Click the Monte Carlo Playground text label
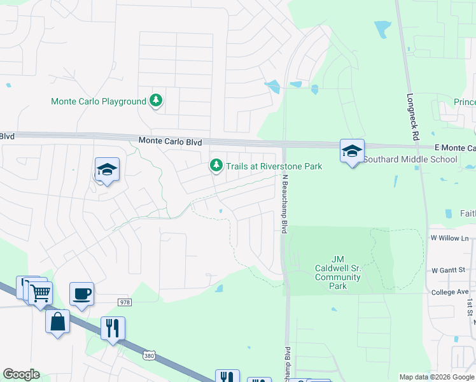coord(99,101)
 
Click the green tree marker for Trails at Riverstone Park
coord(216,166)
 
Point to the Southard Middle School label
coord(410,159)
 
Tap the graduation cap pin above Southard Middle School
coord(352,151)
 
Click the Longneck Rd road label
coord(412,118)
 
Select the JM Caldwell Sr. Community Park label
coord(337,272)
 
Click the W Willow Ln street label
coord(449,238)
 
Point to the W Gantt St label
coord(450,270)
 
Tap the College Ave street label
coord(449,292)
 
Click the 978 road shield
coord(124,301)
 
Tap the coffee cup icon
coord(81,294)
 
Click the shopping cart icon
coord(40,294)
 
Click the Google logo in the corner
coord(21,374)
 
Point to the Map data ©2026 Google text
coord(437,377)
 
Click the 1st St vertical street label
coord(469,306)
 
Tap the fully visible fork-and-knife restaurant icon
coord(113,329)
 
